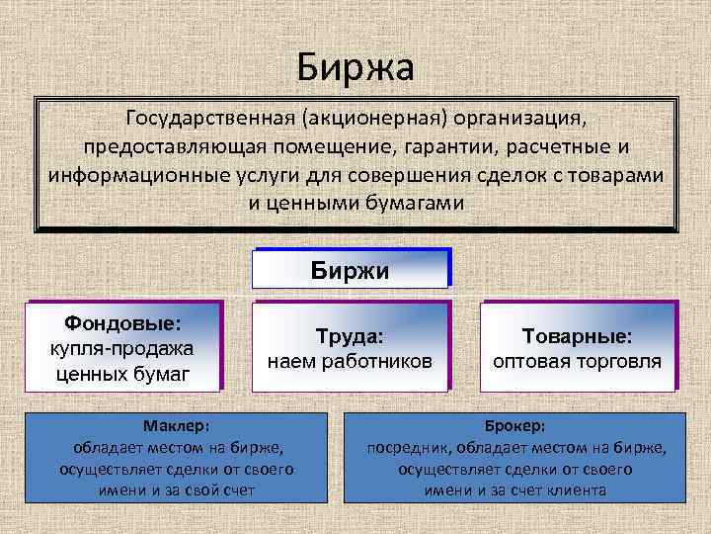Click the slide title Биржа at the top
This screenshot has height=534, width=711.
click(355, 67)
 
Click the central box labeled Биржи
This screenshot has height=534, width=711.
click(351, 269)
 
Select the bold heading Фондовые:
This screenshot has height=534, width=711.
click(122, 322)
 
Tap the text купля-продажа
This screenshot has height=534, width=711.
click(122, 348)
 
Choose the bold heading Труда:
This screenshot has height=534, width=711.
click(350, 336)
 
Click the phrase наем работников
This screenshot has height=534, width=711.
click(350, 361)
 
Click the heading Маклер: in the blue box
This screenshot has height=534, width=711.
click(176, 426)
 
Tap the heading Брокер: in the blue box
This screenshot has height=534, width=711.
click(514, 426)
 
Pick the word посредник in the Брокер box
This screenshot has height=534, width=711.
click(406, 448)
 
